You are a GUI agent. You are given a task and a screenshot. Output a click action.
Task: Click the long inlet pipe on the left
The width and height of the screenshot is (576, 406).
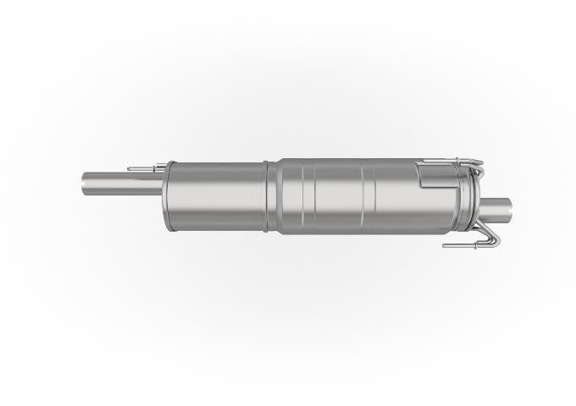(x=119, y=181)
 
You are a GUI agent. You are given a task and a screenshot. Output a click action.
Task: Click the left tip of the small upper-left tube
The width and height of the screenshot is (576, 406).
(x=129, y=168)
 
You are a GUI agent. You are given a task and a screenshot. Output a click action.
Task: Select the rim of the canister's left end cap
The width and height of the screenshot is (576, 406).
(x=167, y=195)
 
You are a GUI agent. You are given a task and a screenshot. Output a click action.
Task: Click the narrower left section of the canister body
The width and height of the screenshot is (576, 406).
(x=216, y=195)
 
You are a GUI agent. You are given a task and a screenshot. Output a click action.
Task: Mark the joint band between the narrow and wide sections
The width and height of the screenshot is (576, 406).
(x=271, y=196)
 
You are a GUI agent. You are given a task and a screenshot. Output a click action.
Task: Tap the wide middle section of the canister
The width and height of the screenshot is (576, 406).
(x=339, y=195)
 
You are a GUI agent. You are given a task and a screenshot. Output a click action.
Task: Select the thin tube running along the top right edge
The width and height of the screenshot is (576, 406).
(x=449, y=161)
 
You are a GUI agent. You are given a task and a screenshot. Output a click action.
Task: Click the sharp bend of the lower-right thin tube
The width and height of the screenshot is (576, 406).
(x=498, y=241)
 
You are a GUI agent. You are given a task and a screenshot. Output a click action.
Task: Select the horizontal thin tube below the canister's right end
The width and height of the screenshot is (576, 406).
(x=470, y=246)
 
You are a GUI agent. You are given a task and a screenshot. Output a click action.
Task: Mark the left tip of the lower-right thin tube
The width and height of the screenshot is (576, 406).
(x=444, y=247)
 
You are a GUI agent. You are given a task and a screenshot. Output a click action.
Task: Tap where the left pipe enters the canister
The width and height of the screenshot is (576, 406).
(x=160, y=182)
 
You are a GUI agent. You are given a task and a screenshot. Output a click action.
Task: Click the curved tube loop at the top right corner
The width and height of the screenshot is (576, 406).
(x=481, y=167)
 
